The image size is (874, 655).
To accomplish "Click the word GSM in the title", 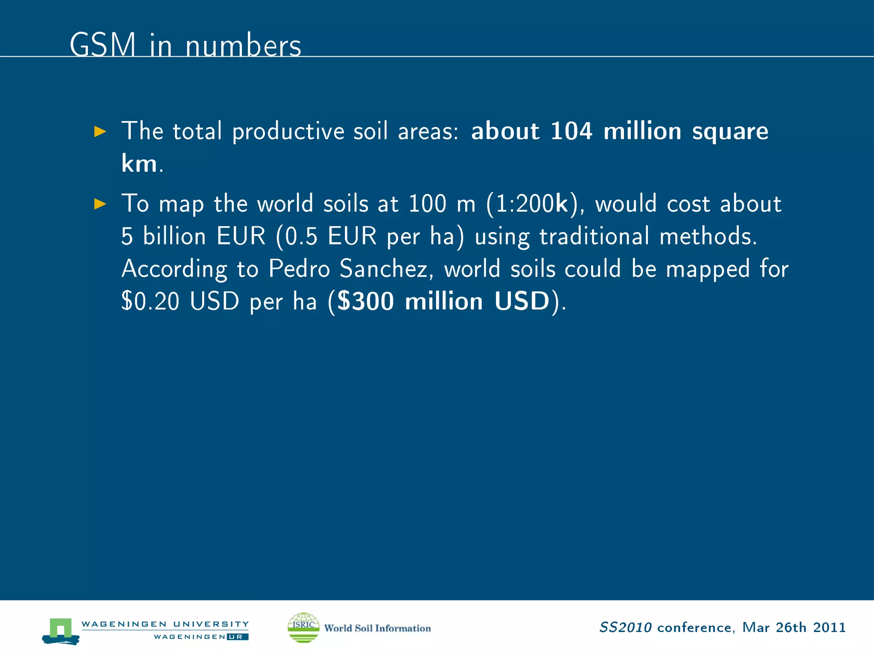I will [102, 45].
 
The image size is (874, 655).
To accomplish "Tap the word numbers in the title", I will [243, 46].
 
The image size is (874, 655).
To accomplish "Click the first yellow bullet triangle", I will [100, 131].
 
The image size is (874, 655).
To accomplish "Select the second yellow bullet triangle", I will [100, 204].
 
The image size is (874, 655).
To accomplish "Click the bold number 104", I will [571, 131].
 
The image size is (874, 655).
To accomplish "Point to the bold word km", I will [139, 163].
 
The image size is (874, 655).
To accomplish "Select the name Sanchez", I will [386, 269].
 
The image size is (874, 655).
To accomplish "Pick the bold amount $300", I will [365, 301].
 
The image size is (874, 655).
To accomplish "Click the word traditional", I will [594, 236].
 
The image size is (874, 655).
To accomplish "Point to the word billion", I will [174, 236].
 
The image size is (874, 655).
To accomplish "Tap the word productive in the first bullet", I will [288, 132].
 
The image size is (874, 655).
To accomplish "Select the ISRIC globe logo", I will [303, 627].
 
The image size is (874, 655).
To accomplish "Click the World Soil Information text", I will [377, 628].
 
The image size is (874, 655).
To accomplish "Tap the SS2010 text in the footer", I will [625, 628].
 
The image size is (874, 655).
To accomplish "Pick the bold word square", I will [730, 132].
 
